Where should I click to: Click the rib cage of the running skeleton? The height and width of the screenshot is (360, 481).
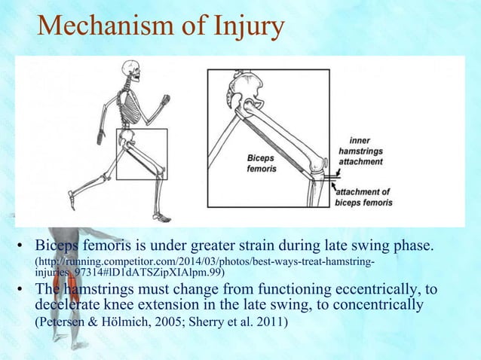pos(133,101)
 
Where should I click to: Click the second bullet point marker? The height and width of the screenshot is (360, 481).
pos(23,292)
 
